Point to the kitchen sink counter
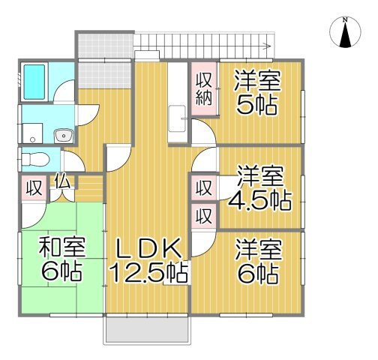(178, 105)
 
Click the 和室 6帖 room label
(61, 258)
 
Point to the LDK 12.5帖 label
(148, 259)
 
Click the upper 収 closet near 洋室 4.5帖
(203, 187)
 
